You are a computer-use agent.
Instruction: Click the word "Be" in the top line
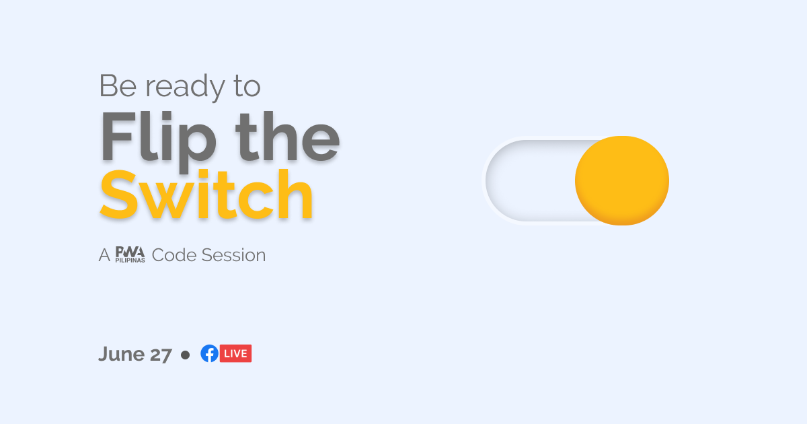[118, 86]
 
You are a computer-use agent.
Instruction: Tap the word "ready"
[185, 87]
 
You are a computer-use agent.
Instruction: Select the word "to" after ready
[247, 87]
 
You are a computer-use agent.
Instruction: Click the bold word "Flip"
[159, 141]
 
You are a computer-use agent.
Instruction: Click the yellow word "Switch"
[206, 194]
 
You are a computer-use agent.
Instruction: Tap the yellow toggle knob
[622, 180]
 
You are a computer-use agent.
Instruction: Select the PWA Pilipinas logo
[130, 254]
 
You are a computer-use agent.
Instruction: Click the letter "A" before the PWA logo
[104, 255]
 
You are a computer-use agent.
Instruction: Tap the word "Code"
[174, 255]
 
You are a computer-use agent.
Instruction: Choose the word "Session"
[233, 255]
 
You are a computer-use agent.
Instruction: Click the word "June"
[121, 354]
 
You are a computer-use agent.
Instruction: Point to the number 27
[161, 355]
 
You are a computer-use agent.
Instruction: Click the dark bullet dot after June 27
[185, 355]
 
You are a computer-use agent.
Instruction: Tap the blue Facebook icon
[209, 353]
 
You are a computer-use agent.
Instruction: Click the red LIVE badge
[235, 353]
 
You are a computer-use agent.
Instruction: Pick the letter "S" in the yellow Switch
[118, 194]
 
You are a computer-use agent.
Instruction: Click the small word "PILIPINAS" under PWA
[130, 260]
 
